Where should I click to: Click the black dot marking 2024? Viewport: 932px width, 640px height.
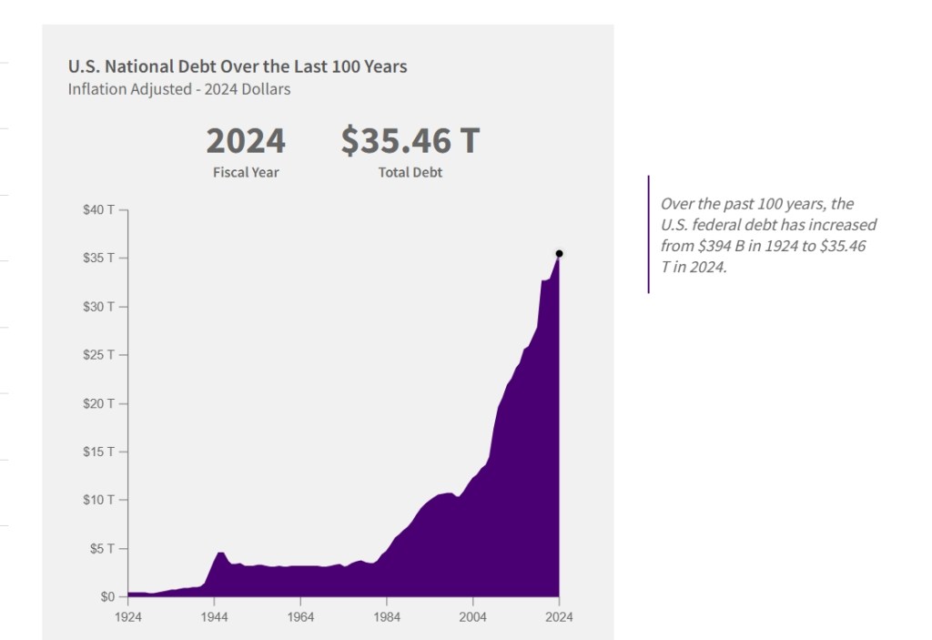point(559,254)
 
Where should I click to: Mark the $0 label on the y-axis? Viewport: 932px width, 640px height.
point(107,597)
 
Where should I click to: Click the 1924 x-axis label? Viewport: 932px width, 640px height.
point(127,616)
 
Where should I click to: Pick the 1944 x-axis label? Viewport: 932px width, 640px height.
point(214,616)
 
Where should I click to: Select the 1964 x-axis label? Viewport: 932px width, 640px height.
point(300,616)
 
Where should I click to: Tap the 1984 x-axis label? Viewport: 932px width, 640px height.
point(386,616)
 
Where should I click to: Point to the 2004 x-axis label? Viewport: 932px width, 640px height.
point(472,616)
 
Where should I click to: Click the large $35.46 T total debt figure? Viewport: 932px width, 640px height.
point(410,141)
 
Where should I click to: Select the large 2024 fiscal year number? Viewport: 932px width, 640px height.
point(246,141)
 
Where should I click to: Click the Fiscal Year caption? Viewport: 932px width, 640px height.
point(246,172)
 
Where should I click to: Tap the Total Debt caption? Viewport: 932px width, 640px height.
point(410,172)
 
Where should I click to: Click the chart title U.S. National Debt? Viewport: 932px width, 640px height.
point(238,66)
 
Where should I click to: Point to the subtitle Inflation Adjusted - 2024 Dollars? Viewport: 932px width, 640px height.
point(179,89)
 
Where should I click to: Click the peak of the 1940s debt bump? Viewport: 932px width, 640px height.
point(219,552)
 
